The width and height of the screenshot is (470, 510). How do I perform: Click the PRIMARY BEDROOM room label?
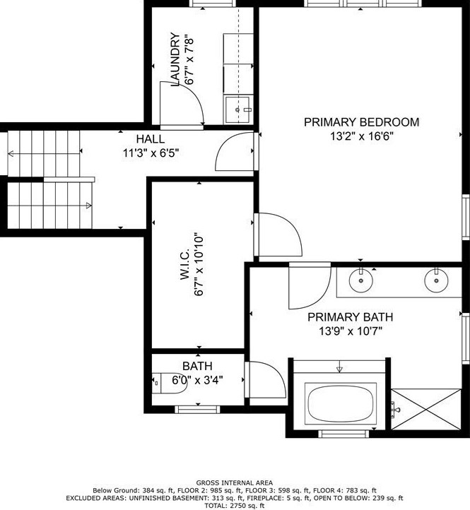tap(361, 122)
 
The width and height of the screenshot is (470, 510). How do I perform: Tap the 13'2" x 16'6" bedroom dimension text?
tap(361, 137)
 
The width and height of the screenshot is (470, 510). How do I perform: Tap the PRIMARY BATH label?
tap(350, 317)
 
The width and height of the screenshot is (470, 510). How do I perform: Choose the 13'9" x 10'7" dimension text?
tap(350, 332)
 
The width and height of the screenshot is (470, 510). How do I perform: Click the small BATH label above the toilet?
tap(197, 366)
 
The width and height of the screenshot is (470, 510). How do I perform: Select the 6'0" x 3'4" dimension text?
tap(198, 380)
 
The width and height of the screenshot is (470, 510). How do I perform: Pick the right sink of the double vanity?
tap(435, 280)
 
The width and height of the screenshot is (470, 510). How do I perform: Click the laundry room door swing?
tap(180, 104)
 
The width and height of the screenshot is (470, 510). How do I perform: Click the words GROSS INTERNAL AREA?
tap(235, 482)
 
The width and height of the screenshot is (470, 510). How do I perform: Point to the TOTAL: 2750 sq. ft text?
tap(235, 504)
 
